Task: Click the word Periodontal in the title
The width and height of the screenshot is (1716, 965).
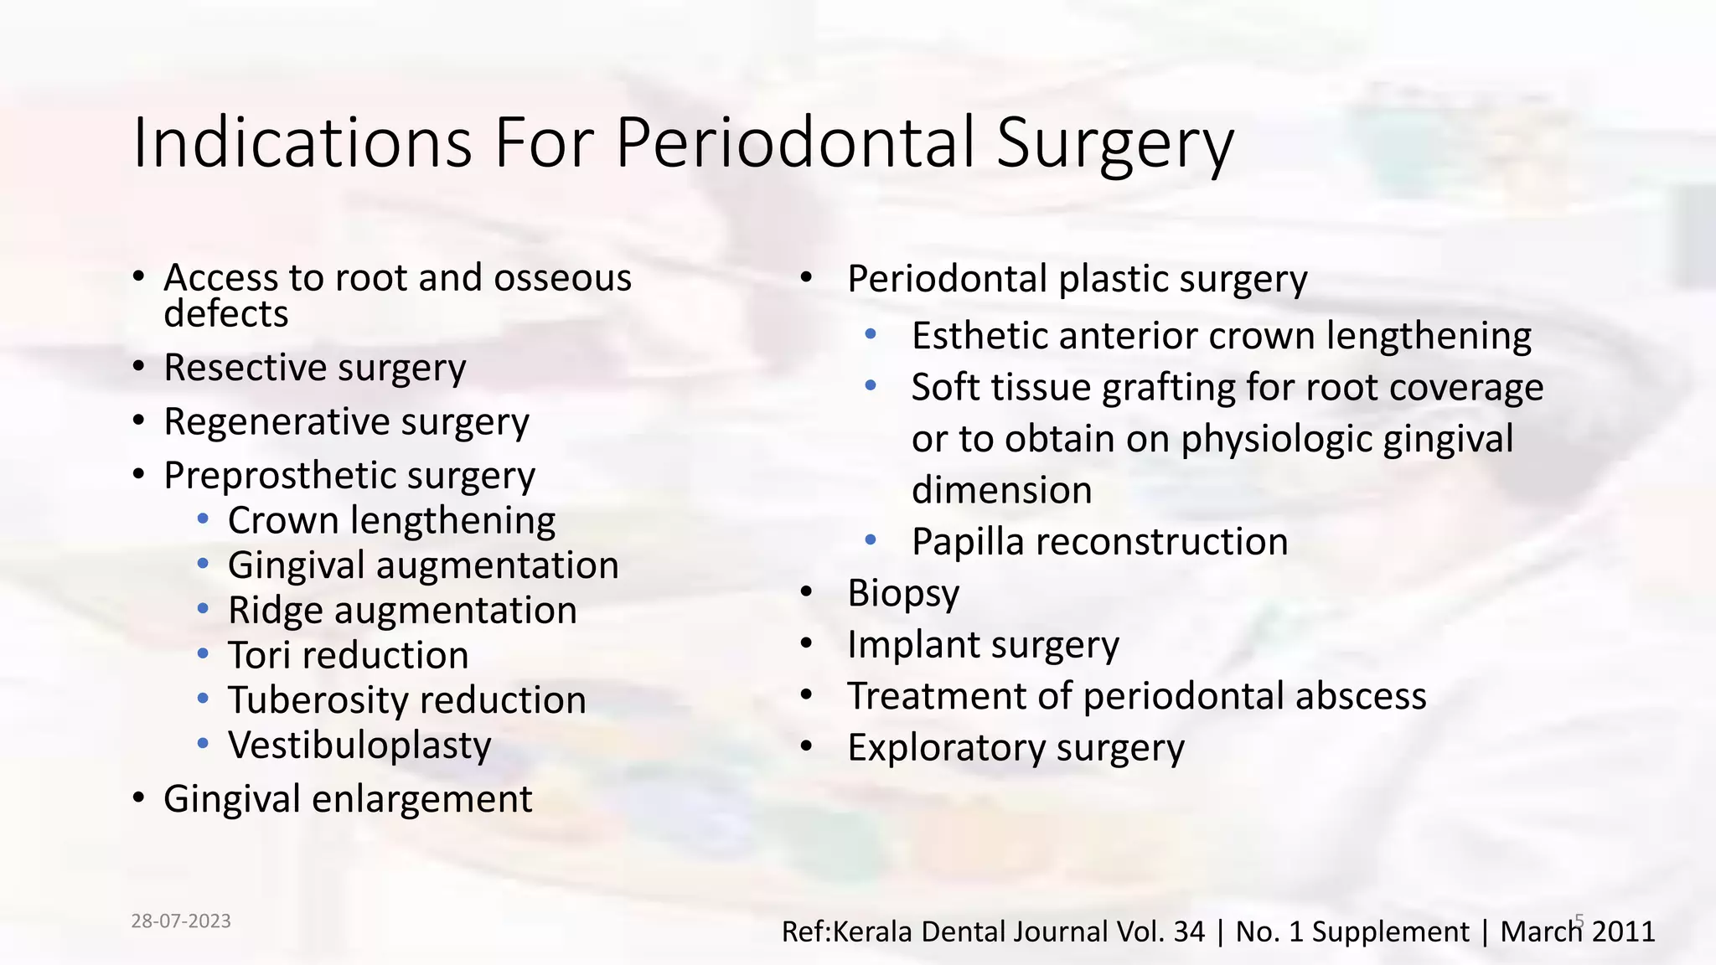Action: click(x=796, y=142)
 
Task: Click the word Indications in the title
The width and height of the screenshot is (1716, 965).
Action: click(x=302, y=142)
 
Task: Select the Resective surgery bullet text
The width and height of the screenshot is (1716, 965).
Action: click(x=314, y=368)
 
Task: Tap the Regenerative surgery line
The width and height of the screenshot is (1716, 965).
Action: click(x=346, y=421)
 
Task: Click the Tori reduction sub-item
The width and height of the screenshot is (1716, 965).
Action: click(x=348, y=655)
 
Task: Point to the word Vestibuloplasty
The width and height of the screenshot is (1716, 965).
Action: click(x=359, y=746)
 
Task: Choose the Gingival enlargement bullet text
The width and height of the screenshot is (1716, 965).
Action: click(x=347, y=799)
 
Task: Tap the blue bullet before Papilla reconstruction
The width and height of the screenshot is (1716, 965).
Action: click(x=871, y=540)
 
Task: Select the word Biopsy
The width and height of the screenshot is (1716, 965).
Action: click(x=902, y=593)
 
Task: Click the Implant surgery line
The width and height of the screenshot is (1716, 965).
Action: click(x=982, y=645)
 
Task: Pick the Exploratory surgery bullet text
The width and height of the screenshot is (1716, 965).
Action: click(x=1016, y=748)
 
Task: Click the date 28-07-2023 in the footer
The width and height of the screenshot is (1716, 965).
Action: click(x=181, y=921)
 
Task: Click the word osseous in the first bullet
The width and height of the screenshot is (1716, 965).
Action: click(x=562, y=278)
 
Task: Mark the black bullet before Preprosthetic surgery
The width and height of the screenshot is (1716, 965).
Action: click(x=139, y=475)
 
